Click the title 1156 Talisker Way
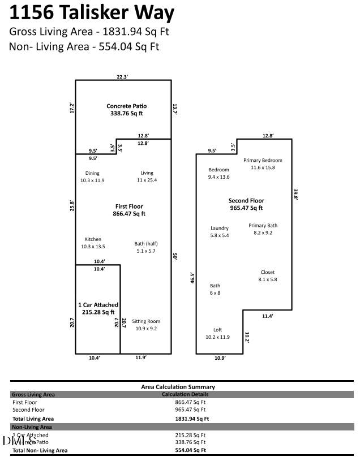[92, 12]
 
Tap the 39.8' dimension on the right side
[295, 194]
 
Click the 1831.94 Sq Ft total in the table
[192, 419]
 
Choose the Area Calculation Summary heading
[178, 387]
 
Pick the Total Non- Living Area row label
[40, 450]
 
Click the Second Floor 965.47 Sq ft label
[246, 204]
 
